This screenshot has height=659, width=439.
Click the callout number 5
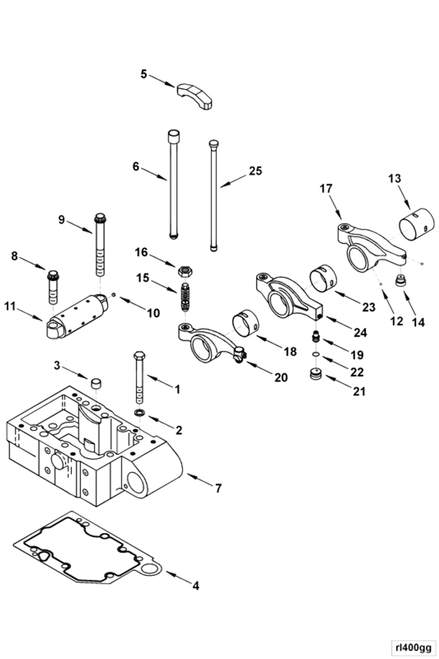[143, 74]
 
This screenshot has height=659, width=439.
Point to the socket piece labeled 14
[401, 281]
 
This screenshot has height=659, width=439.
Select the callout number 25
[255, 171]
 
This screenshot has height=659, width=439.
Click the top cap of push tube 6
[174, 136]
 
